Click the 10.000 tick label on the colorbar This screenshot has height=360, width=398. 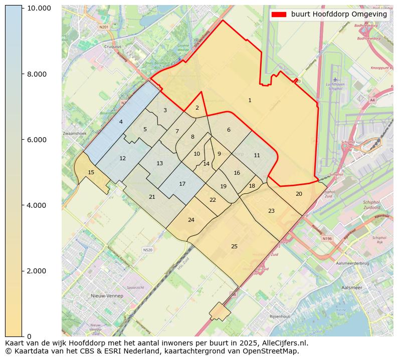[39, 9]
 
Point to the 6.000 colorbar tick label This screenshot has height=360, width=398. [37, 140]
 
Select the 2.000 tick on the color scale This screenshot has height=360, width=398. [37, 271]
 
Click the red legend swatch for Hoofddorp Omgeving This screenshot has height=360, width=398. [279, 15]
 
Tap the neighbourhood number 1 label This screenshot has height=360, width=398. [250, 101]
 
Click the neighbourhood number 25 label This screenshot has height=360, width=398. [234, 246]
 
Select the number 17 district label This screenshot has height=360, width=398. [182, 184]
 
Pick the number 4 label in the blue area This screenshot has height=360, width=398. [121, 122]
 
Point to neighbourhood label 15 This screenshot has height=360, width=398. [91, 172]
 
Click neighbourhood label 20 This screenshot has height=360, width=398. [299, 194]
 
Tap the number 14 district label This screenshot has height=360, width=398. [206, 164]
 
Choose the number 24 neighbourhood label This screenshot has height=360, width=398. [191, 220]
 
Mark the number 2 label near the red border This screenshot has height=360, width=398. [197, 108]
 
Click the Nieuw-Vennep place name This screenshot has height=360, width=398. [107, 296]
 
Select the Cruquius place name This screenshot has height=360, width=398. [113, 46]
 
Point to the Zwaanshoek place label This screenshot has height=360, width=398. [75, 134]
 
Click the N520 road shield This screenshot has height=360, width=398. [147, 249]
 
